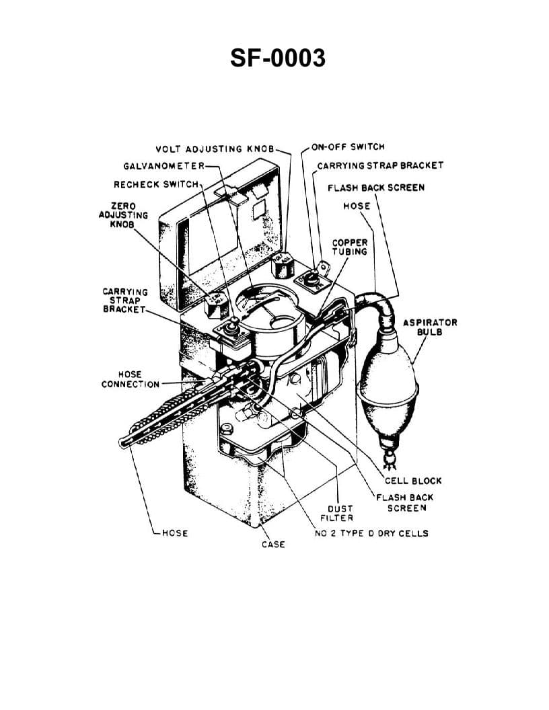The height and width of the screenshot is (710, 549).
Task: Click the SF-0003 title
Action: point(277,58)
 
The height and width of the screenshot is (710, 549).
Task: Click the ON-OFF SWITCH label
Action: point(348,147)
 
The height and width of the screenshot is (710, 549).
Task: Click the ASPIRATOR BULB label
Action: point(429,326)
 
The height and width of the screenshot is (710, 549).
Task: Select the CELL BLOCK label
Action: point(413,481)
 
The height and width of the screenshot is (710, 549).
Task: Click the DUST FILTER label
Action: point(340,513)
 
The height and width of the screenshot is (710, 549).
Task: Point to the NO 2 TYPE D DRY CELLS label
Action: point(371,533)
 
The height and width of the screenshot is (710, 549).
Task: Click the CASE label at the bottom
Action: point(273,544)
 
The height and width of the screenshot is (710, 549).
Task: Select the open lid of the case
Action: point(222,235)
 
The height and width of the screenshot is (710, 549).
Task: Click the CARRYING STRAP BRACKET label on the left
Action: point(124,300)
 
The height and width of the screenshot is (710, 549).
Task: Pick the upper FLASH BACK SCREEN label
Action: point(375,188)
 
